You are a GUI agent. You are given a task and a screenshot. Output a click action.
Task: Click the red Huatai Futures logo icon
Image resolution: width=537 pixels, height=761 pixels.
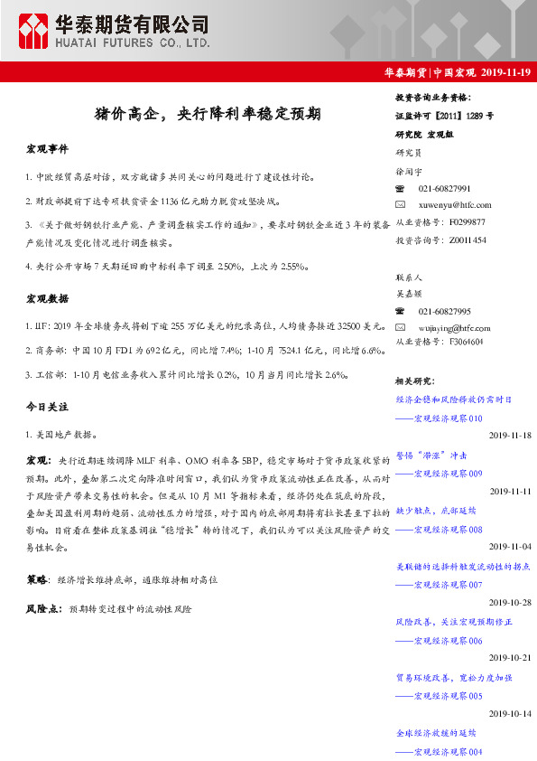pyautogui.click(x=34, y=33)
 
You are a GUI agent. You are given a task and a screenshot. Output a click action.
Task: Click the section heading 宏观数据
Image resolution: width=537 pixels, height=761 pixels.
pyautogui.click(x=47, y=297)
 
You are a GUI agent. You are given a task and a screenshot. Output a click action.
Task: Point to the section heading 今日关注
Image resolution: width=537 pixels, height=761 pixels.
pyautogui.click(x=47, y=408)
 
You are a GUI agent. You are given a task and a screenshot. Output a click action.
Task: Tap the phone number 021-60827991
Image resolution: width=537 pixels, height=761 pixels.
pyautogui.click(x=444, y=189)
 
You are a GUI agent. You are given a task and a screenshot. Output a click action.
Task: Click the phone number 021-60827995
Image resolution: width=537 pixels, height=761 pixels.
pyautogui.click(x=444, y=311)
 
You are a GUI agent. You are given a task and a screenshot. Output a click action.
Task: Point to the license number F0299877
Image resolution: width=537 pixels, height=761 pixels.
pyautogui.click(x=467, y=222)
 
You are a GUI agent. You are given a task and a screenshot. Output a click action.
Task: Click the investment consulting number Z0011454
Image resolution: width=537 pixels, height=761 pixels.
pyautogui.click(x=468, y=240)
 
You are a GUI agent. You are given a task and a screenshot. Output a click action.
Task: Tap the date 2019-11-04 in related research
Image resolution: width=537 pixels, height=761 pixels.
pyautogui.click(x=510, y=547)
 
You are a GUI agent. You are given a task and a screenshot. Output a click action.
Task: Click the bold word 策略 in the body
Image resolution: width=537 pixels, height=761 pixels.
pyautogui.click(x=37, y=577)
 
